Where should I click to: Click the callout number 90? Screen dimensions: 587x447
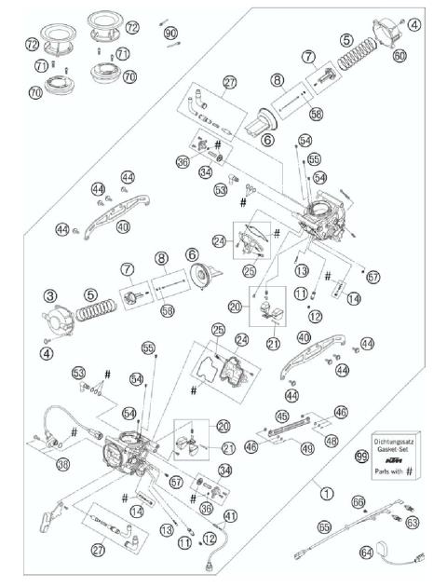(x=170, y=33)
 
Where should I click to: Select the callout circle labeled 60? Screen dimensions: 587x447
(x=399, y=55)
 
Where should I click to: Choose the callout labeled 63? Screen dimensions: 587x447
(x=411, y=522)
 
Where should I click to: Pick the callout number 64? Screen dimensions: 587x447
(x=366, y=553)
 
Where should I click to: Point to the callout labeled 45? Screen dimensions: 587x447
(x=281, y=416)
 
